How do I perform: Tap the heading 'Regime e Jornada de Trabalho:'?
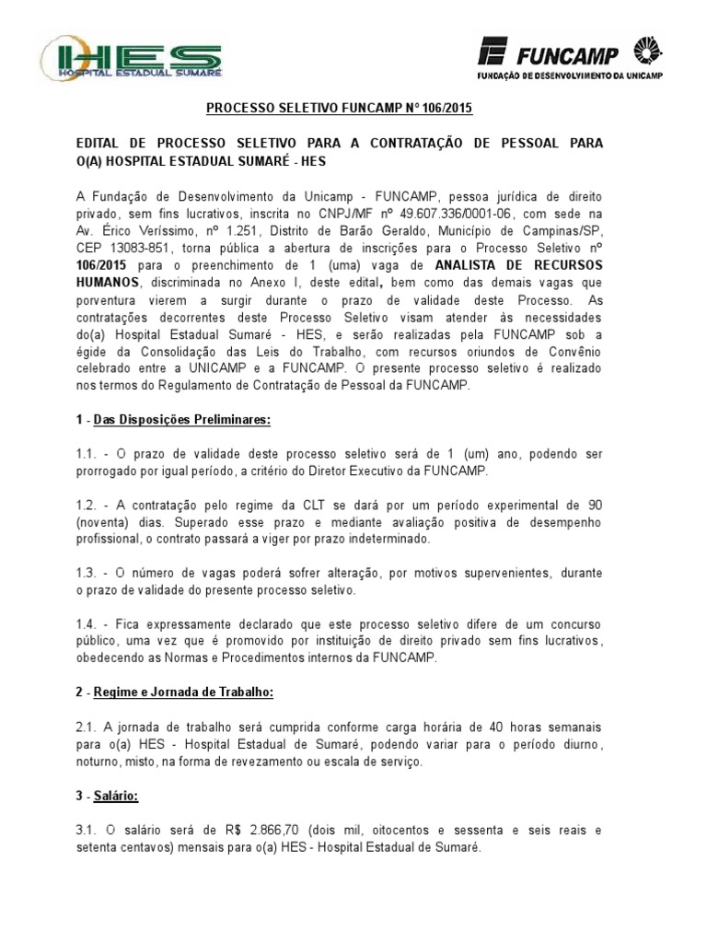point(184,692)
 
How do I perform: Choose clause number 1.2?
point(87,505)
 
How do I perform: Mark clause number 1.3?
point(87,573)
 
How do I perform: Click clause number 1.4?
point(87,624)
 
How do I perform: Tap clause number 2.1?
point(87,727)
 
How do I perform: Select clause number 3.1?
point(87,830)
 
